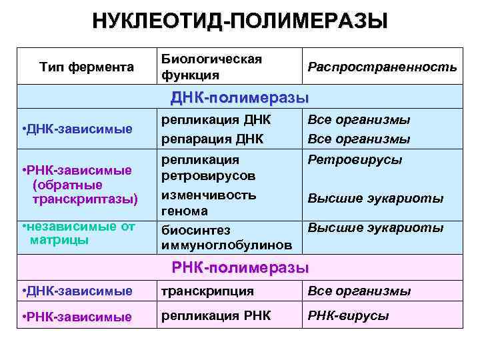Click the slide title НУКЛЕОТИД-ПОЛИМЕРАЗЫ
[x=240, y=21]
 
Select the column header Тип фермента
[x=87, y=67]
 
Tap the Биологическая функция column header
[x=211, y=67]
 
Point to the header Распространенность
[x=382, y=67]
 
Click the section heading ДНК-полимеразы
[x=240, y=97]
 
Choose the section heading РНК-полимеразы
[x=240, y=269]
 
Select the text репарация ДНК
[x=213, y=139]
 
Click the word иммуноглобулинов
[x=226, y=245]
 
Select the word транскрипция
[x=207, y=291]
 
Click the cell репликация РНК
[x=216, y=316]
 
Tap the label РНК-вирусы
[x=348, y=316]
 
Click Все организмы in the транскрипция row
[x=359, y=291]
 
